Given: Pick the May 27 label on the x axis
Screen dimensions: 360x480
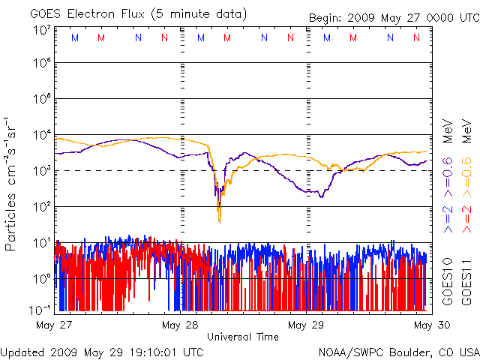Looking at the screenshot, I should (53, 325).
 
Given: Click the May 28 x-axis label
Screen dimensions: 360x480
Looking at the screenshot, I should (180, 325).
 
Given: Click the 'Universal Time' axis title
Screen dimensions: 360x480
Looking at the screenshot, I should (242, 337).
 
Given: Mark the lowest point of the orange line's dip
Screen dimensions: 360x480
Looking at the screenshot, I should (219, 222).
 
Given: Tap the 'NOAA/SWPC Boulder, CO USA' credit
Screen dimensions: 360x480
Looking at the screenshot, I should (398, 351).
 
